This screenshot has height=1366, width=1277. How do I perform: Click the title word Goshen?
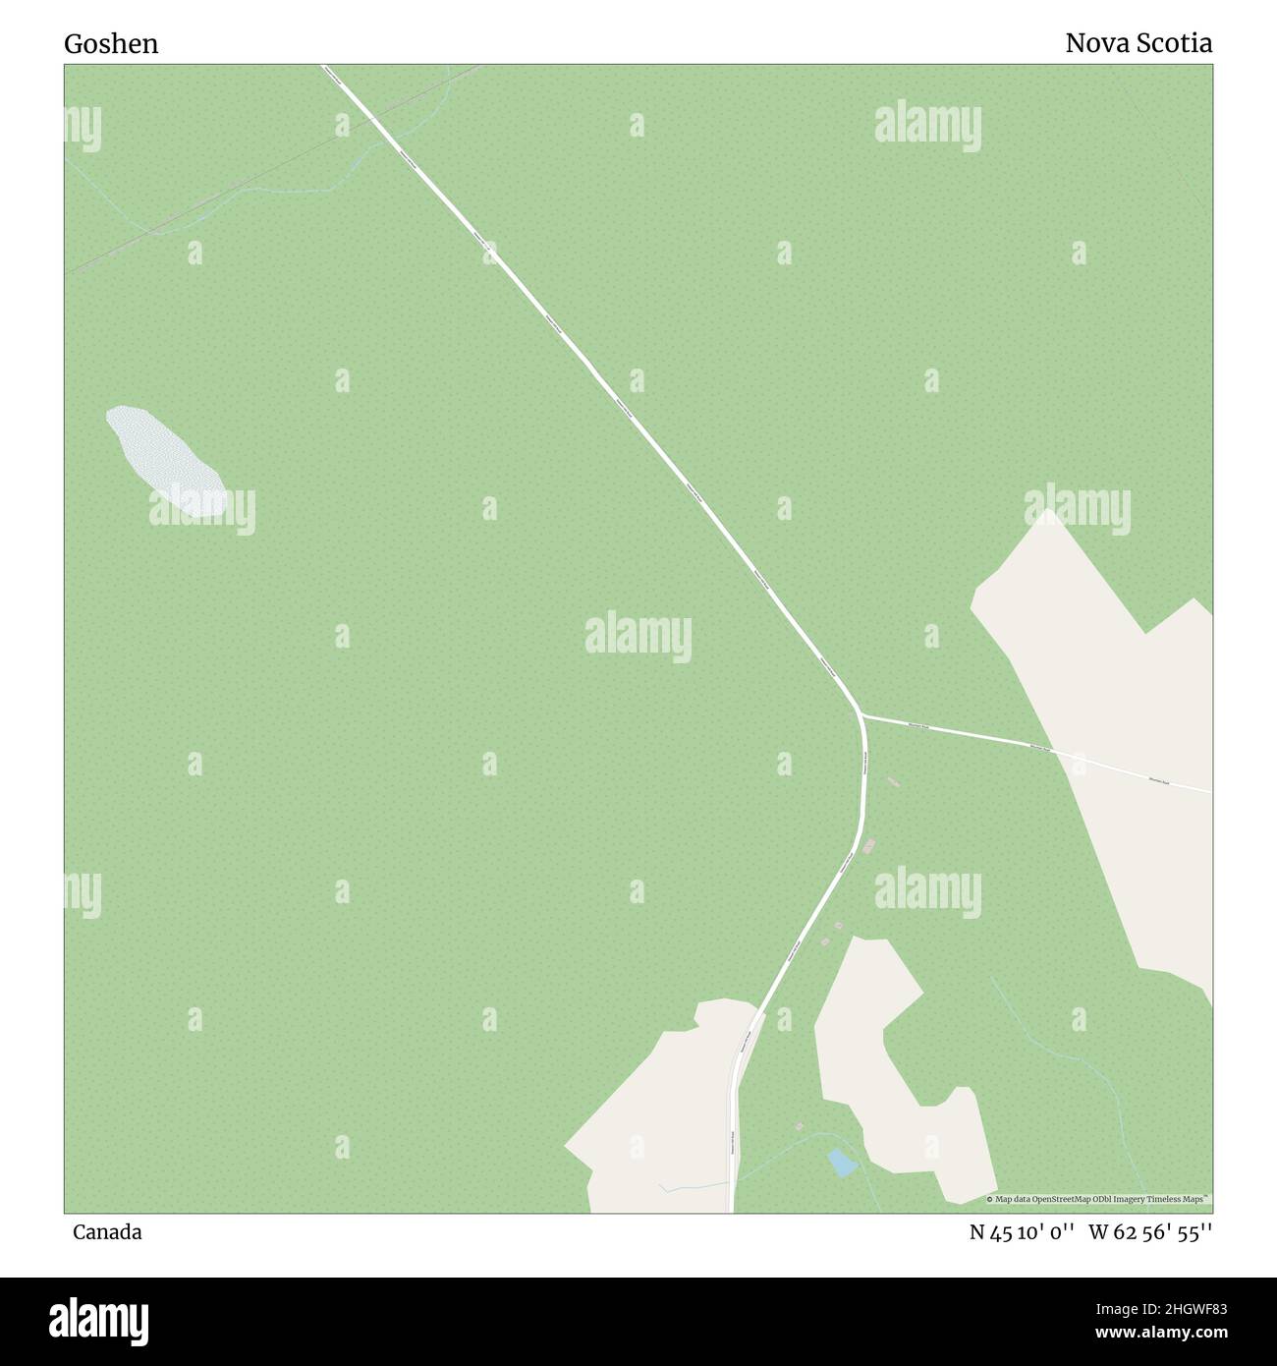tap(111, 44)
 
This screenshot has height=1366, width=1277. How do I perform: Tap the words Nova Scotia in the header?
tap(1138, 43)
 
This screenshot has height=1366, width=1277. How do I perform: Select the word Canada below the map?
tap(106, 1231)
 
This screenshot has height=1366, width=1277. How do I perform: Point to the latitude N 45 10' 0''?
tap(1023, 1231)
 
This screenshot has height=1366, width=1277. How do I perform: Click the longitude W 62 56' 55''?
tap(1150, 1231)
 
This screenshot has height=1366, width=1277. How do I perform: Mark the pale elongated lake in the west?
tap(165, 461)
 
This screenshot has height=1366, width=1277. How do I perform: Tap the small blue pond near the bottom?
tap(842, 1163)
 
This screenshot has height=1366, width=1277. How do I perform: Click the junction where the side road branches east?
tap(861, 714)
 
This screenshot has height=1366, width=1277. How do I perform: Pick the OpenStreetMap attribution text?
tap(1098, 1199)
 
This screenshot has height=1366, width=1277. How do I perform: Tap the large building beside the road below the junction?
tap(868, 846)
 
